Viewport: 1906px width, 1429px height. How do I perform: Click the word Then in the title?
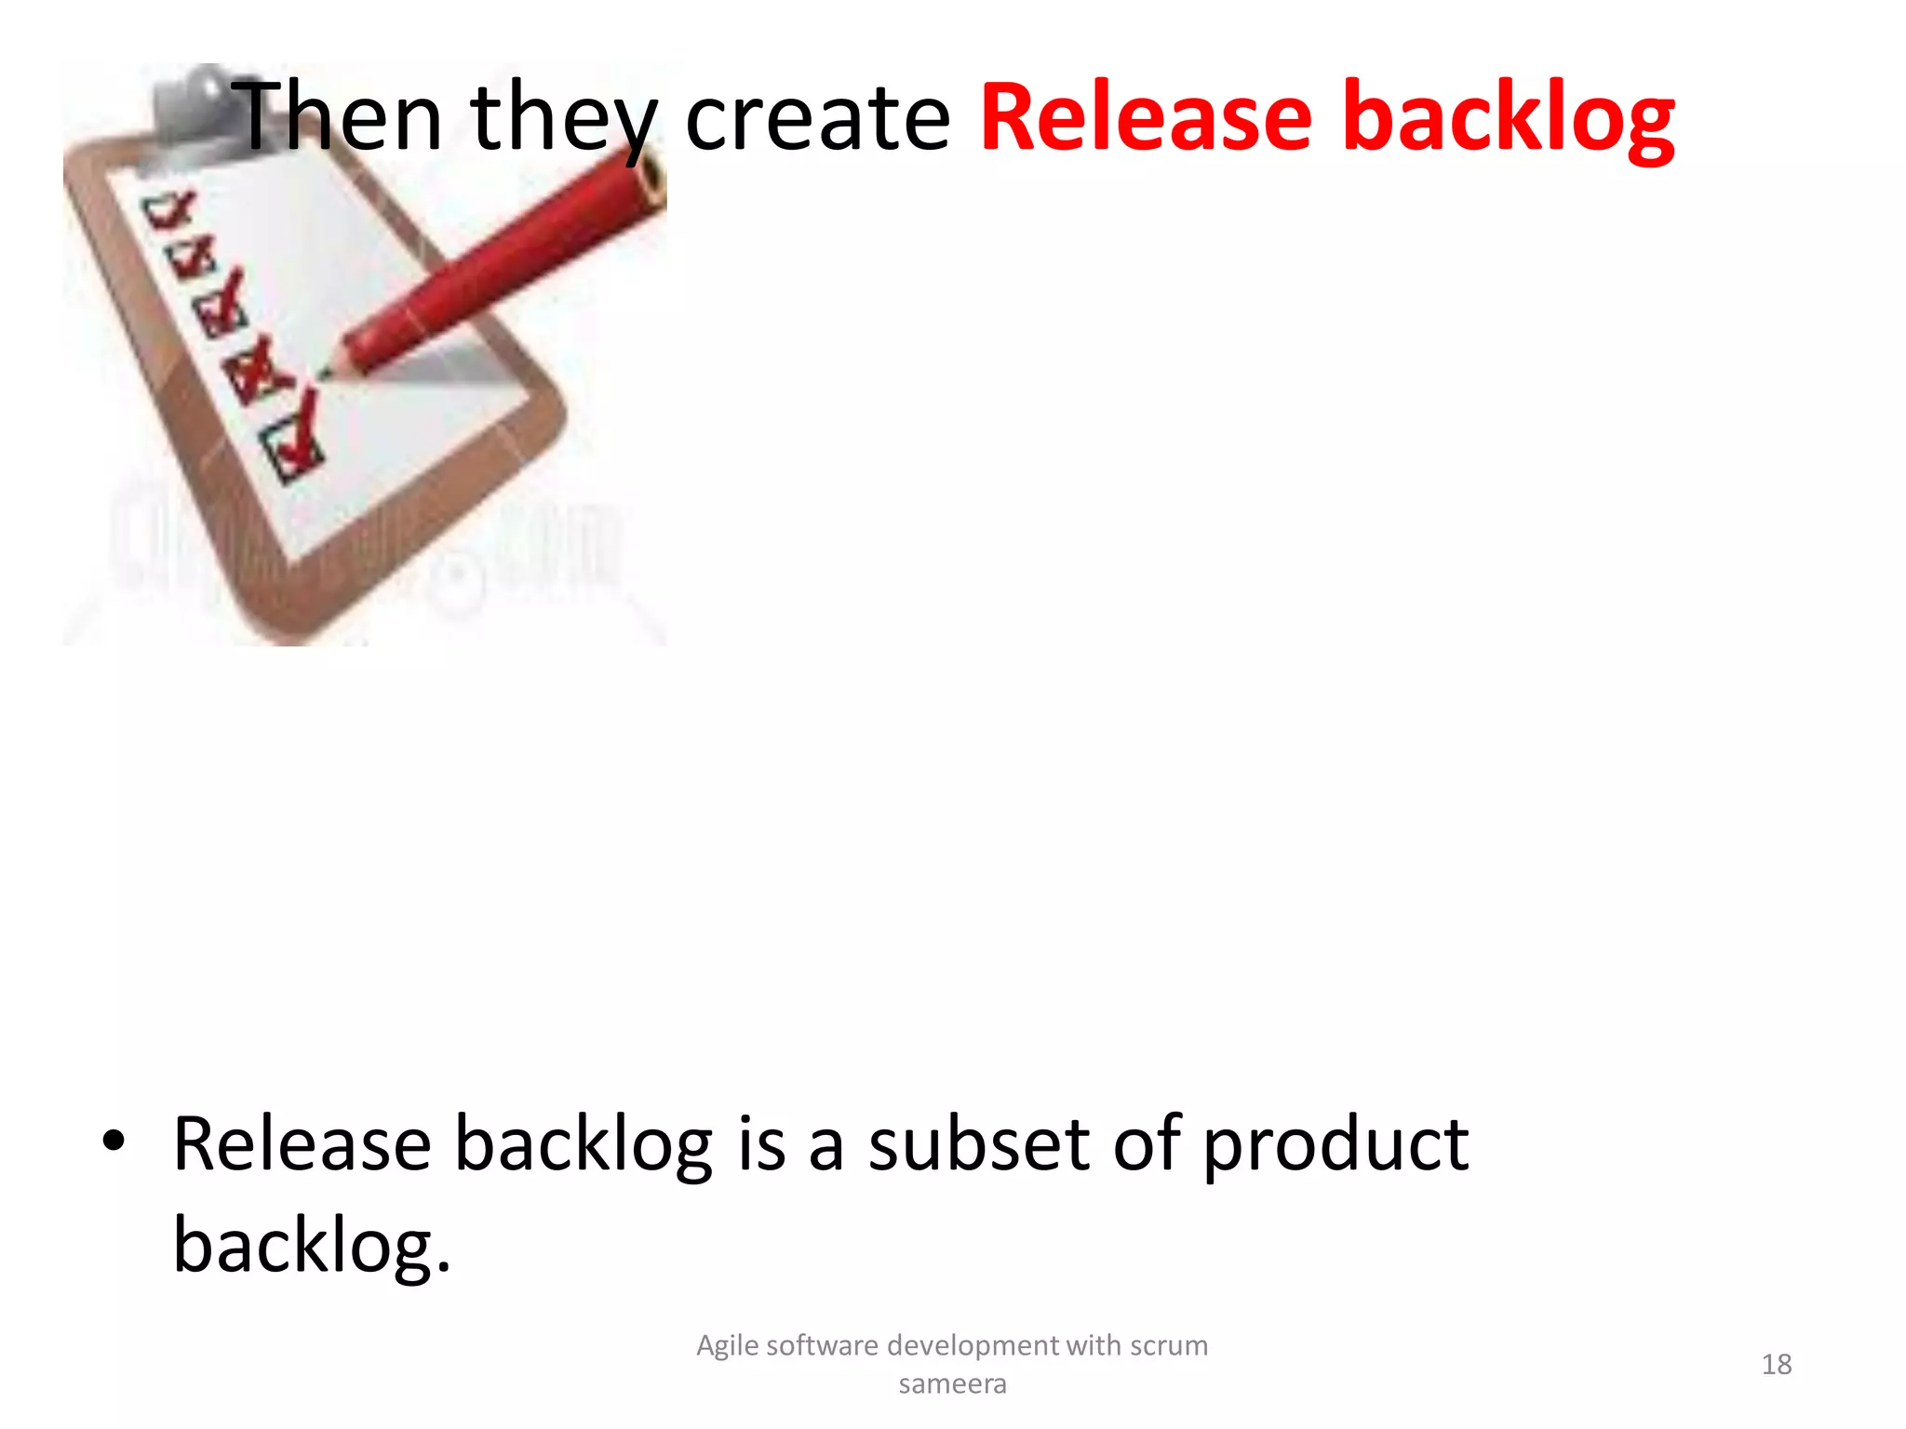337,117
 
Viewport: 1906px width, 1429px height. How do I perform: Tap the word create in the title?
817,117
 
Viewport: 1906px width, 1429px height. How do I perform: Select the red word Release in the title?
1146,117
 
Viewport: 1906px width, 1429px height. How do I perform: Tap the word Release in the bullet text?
302,1143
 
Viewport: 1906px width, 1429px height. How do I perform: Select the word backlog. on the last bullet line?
312,1247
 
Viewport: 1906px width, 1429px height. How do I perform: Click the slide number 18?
1776,1365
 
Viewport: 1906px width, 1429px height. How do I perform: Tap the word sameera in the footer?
952,1384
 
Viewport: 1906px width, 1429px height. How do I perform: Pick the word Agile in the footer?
727,1346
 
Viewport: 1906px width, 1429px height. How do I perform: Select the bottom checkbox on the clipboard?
292,450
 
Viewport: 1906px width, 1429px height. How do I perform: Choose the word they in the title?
563,119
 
